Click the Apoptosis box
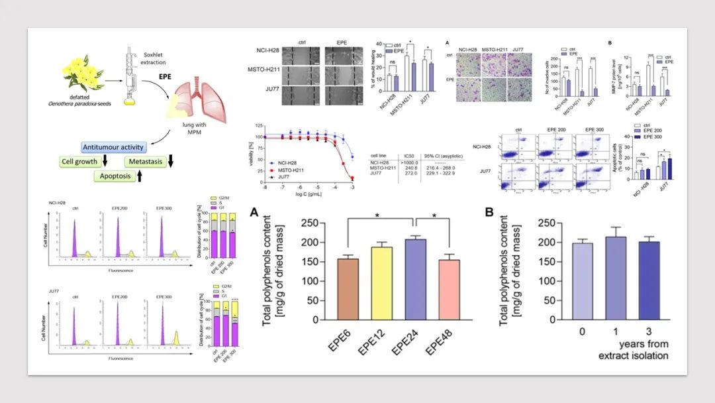[112, 176]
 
